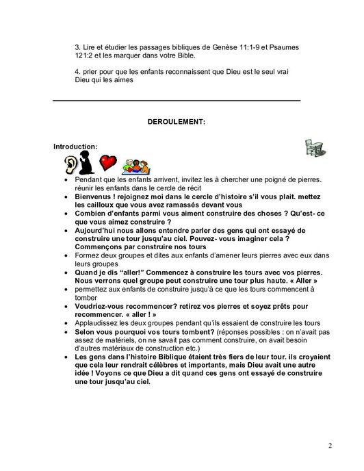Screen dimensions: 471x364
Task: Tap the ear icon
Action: point(71,163)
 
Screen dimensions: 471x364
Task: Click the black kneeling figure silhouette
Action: point(87,162)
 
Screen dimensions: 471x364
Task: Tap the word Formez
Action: point(86,256)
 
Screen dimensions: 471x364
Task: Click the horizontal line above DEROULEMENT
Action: point(176,101)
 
